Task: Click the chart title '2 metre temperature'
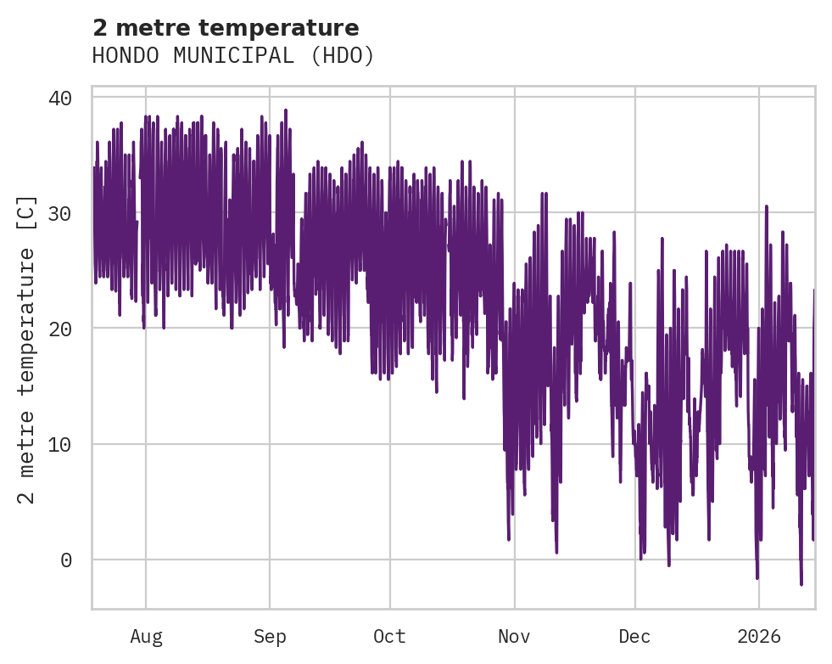point(226,28)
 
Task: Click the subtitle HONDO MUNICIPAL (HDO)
point(233,56)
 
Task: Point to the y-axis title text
point(27,348)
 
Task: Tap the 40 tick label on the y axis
point(59,98)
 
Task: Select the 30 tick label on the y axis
point(59,213)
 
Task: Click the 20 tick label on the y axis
point(59,329)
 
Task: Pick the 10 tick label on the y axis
point(59,444)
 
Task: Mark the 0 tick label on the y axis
point(64,560)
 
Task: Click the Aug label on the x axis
point(146,636)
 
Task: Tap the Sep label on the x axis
point(270,636)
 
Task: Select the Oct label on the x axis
point(390,636)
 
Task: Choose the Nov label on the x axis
point(514,636)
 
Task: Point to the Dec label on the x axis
point(634,636)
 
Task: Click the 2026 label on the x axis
point(758,636)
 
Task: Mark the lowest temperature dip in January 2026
point(801,584)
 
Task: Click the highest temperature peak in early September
point(286,110)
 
